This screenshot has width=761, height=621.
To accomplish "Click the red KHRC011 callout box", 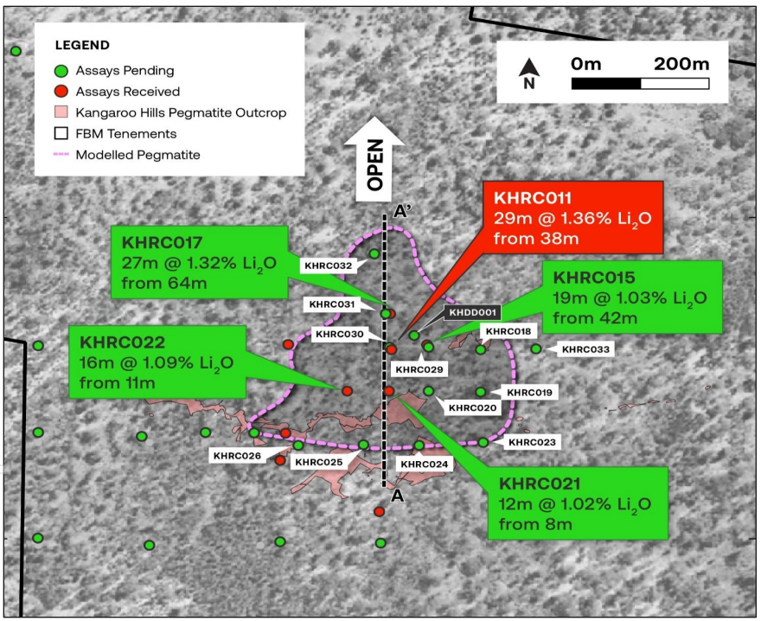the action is coord(573,217).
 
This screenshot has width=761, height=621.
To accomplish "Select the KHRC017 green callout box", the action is coord(200,262).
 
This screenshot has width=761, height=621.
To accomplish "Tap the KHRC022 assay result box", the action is coord(157,362).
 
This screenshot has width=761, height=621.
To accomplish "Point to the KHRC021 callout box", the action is coord(578,503).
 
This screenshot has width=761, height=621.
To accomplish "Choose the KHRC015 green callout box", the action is coord(632,297).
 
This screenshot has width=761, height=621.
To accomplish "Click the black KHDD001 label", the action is coord(472,312).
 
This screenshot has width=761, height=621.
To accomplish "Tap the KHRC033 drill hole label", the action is coord(585,349).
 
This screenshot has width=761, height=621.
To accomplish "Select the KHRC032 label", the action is coord(328,266).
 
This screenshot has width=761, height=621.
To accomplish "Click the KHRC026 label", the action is coord(237,456).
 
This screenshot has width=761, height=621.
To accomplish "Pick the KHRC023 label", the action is coord(532,442).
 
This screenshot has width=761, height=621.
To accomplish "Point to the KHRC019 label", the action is coord(529,393).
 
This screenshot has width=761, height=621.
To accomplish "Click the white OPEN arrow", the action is coord(374,159).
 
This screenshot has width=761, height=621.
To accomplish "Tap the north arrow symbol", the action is coord(529,74).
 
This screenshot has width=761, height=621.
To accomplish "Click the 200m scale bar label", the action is coord(681,64).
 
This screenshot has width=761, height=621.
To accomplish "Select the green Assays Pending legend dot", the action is coord(61,71).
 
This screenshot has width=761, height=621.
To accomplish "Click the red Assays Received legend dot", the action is coord(61,92).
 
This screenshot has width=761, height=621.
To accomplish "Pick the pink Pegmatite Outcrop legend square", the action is coord(61,112).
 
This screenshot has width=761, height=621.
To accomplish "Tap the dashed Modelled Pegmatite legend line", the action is coord(61,155).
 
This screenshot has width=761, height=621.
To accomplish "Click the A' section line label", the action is coord(402,212).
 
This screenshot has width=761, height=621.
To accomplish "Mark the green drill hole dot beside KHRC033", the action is coord(536,349).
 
